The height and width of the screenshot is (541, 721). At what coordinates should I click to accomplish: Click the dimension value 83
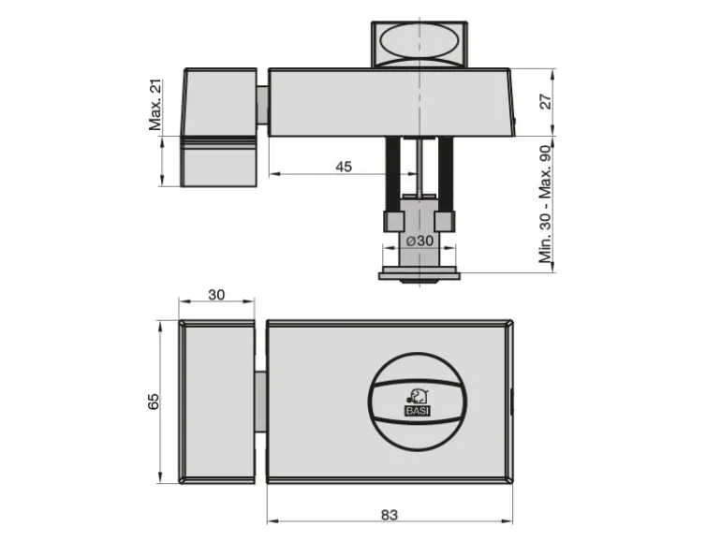389,515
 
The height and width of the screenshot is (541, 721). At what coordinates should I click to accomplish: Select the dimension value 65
154,402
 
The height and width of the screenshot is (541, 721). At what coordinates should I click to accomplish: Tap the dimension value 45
344,167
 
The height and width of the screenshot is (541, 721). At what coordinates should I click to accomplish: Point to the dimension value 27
545,102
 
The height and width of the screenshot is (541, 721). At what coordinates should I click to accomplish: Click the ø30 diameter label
419,241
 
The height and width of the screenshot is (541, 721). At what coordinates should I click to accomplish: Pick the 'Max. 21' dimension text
155,105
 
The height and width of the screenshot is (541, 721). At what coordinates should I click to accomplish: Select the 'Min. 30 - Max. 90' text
545,204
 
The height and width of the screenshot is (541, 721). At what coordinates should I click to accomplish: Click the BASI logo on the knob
418,411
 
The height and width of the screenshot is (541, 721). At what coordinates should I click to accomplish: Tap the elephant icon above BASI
418,397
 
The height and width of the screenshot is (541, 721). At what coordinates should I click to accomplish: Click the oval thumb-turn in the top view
419,41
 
